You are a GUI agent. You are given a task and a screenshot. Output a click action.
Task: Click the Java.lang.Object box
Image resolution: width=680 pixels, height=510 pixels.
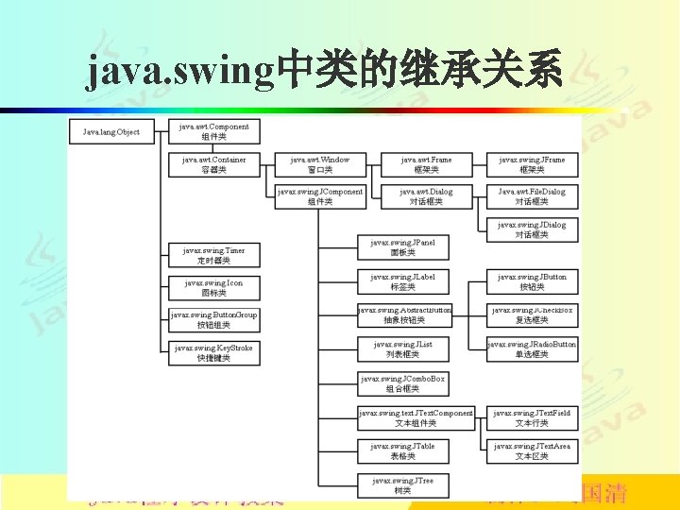click(111, 132)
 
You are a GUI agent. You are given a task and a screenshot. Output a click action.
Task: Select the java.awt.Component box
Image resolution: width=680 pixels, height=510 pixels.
click(214, 131)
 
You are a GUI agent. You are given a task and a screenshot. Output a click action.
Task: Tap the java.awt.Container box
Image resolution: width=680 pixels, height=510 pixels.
click(214, 164)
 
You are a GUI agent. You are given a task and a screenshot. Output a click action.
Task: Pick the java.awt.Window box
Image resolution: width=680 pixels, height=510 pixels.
click(320, 164)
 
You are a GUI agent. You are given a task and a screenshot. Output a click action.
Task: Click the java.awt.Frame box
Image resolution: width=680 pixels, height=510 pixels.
click(426, 164)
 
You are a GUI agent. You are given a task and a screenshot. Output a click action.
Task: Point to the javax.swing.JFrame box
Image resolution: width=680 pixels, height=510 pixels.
click(532, 164)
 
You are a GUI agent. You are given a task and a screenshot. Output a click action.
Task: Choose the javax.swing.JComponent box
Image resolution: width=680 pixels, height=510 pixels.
click(320, 196)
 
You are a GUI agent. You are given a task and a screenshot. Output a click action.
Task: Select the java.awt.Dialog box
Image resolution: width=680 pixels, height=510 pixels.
click(426, 196)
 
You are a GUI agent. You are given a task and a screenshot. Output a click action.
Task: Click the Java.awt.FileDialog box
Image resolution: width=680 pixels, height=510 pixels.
click(532, 196)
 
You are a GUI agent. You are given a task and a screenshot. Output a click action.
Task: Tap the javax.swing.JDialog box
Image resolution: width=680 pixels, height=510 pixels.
click(532, 229)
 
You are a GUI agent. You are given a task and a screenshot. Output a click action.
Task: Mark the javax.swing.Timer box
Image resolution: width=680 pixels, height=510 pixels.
click(213, 255)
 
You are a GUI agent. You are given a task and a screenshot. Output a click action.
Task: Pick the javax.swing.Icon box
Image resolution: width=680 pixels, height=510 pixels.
click(213, 287)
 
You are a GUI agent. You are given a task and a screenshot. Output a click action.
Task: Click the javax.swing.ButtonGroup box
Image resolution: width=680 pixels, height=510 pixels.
click(213, 319)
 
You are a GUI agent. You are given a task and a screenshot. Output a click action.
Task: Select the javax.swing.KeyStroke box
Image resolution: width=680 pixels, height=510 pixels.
click(213, 352)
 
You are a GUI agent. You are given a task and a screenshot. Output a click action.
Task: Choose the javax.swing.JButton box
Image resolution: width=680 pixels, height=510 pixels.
click(532, 281)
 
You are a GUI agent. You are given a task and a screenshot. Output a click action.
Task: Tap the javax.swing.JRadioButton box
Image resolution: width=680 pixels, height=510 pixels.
click(532, 349)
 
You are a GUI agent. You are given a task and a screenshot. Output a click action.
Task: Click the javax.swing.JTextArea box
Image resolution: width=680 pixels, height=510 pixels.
click(532, 450)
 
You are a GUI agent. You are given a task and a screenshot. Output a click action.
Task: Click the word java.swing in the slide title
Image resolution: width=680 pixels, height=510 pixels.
click(179, 71)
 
